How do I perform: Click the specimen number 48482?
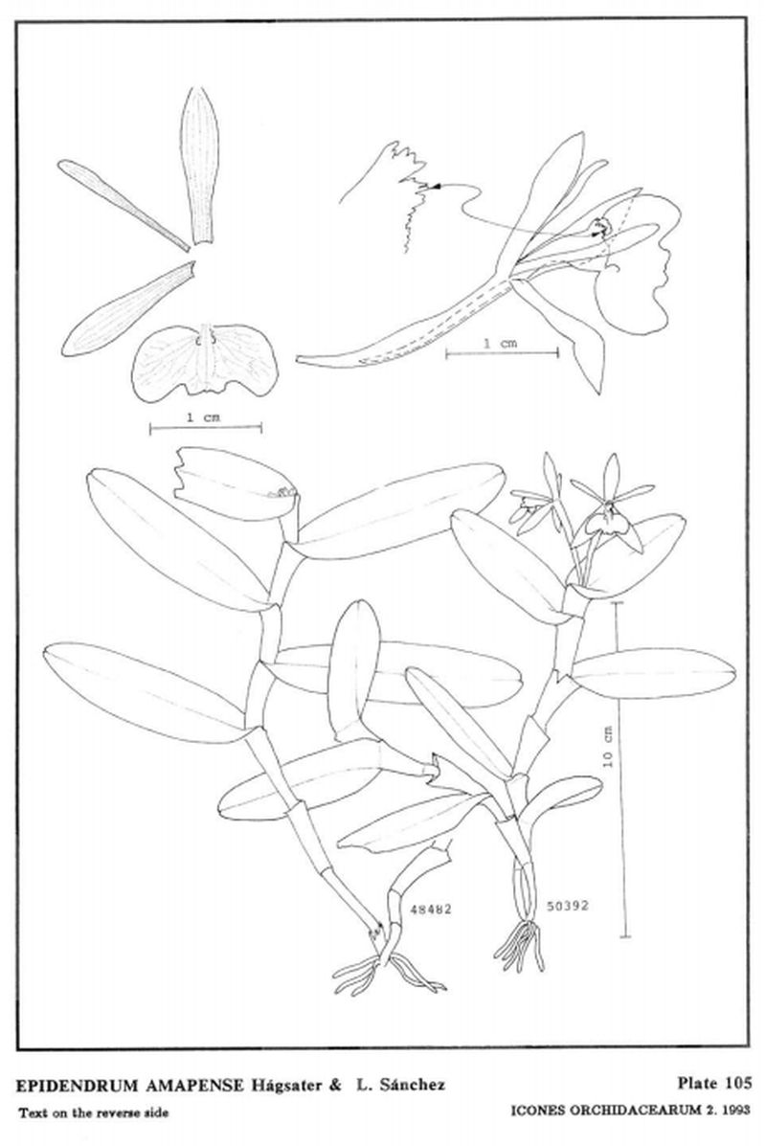pos(431,910)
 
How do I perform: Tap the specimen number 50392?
pos(568,907)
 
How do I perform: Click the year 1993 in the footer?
pos(736,1111)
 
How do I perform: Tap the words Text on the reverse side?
pos(94,1113)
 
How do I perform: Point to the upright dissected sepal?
pos(199,166)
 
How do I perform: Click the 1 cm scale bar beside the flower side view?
pos(502,353)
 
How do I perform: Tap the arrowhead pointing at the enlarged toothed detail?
pos(437,188)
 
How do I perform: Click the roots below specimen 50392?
pos(520,947)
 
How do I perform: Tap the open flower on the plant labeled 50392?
pos(610,506)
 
